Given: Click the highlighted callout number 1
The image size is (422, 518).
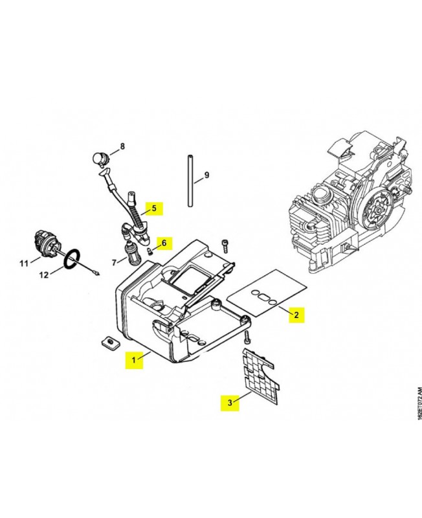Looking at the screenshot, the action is [134, 360].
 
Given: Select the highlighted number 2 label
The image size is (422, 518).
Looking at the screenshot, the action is [296, 315].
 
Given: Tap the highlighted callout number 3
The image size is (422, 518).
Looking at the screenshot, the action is [230, 403].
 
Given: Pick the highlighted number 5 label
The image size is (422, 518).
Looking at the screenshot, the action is [154, 208].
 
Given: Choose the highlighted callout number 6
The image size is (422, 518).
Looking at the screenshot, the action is [164, 243].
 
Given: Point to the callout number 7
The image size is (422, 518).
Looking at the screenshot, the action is [115, 263].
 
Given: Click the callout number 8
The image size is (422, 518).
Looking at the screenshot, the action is [122, 146].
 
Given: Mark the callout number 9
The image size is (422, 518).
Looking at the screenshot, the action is [206, 175].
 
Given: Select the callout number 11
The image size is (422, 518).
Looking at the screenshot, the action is [24, 264].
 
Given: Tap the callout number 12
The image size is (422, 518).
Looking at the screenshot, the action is [44, 275].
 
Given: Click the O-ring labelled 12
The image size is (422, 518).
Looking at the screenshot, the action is [72, 260].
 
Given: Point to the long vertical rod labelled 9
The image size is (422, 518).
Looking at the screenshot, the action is [190, 181].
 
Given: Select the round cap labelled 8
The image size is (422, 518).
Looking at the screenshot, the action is [99, 159].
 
